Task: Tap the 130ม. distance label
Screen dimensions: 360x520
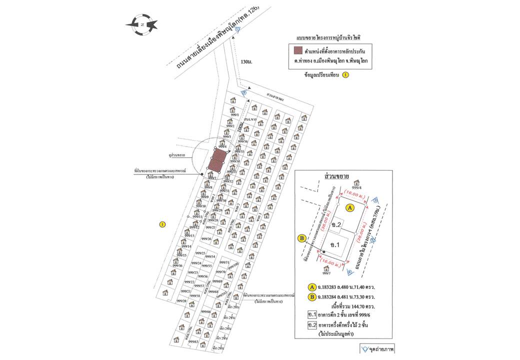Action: point(246,61)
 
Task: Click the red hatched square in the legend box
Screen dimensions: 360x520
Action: point(298,50)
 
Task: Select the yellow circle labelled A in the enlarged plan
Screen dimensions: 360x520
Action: point(350,206)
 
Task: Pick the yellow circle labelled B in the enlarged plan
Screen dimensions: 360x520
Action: point(301,238)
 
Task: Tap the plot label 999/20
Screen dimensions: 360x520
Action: point(181,301)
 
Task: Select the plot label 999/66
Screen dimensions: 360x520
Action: point(205,312)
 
